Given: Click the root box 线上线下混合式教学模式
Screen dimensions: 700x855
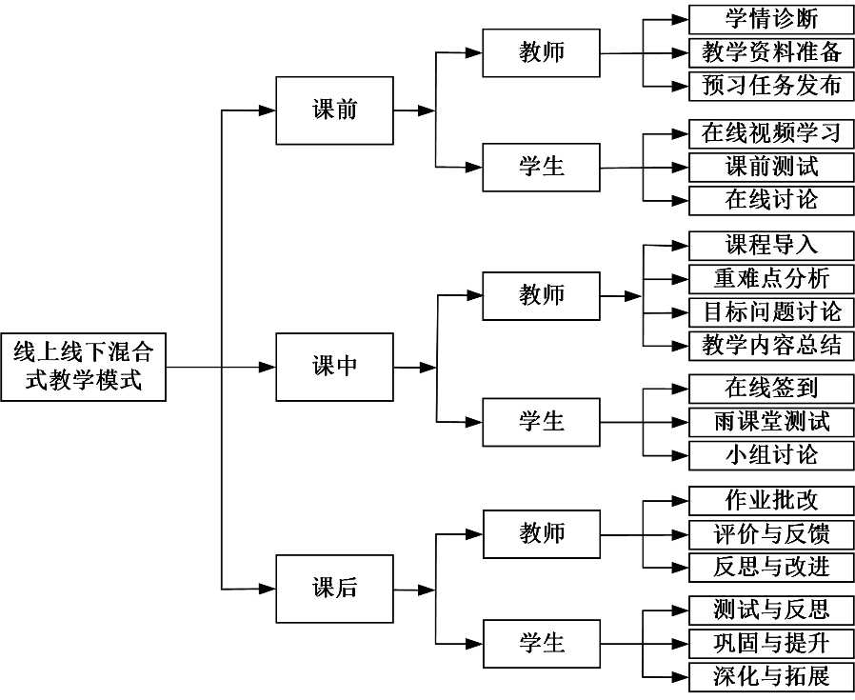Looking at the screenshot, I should click(x=83, y=367).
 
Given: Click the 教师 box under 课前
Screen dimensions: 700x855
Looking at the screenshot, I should click(x=542, y=52).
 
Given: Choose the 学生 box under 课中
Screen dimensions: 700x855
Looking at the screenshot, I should click(x=542, y=421).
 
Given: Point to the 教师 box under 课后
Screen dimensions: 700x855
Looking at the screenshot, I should click(x=542, y=533).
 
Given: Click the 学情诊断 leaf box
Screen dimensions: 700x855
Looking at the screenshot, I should click(x=771, y=19).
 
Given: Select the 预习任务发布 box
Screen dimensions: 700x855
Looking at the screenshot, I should click(x=771, y=85).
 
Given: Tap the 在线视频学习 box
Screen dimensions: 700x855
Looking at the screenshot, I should click(x=771, y=133).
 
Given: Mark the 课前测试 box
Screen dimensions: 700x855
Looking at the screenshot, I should click(x=771, y=167).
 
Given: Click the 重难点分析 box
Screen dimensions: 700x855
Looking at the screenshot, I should click(x=771, y=278).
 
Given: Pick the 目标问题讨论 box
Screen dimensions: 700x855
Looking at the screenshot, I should click(x=771, y=311).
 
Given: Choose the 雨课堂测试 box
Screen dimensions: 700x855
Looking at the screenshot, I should click(x=771, y=421).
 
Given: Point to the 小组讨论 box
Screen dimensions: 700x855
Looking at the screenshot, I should click(x=771, y=454).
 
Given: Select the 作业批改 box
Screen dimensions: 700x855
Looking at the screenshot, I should click(x=771, y=500).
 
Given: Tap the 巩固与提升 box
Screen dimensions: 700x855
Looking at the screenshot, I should click(x=771, y=643).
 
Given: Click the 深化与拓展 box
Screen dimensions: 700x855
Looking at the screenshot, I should click(x=771, y=676).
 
